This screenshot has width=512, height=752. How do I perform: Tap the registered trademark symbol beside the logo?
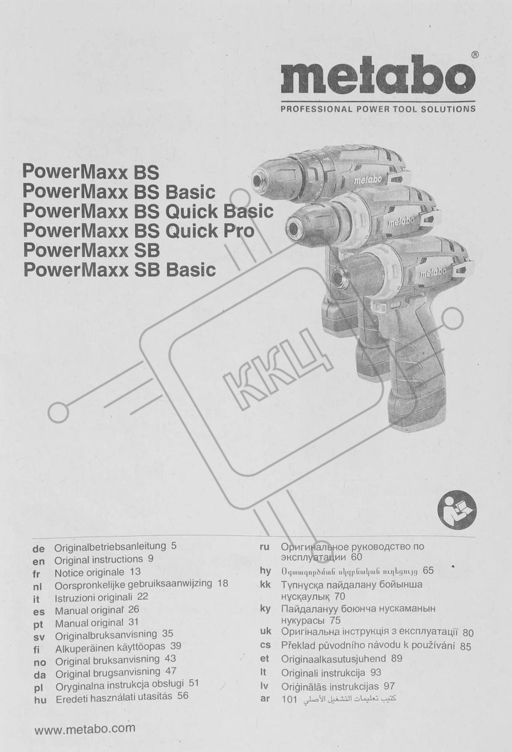click(475, 55)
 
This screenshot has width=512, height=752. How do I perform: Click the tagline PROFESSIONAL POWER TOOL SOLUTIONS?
click(378, 109)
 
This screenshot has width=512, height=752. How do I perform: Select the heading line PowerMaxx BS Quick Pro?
click(138, 231)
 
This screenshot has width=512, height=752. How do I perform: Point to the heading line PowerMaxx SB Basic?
click(120, 270)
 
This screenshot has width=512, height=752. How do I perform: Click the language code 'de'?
click(39, 549)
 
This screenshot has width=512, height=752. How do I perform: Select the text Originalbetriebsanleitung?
click(110, 547)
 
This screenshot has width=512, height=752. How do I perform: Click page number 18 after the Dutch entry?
click(223, 583)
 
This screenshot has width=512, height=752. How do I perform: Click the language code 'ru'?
click(265, 547)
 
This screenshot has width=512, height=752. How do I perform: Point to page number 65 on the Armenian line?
click(428, 570)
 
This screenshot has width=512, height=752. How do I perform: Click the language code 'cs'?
click(265, 645)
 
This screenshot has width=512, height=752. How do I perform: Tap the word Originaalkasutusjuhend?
click(334, 659)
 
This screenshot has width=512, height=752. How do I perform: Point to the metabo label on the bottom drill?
click(433, 272)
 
